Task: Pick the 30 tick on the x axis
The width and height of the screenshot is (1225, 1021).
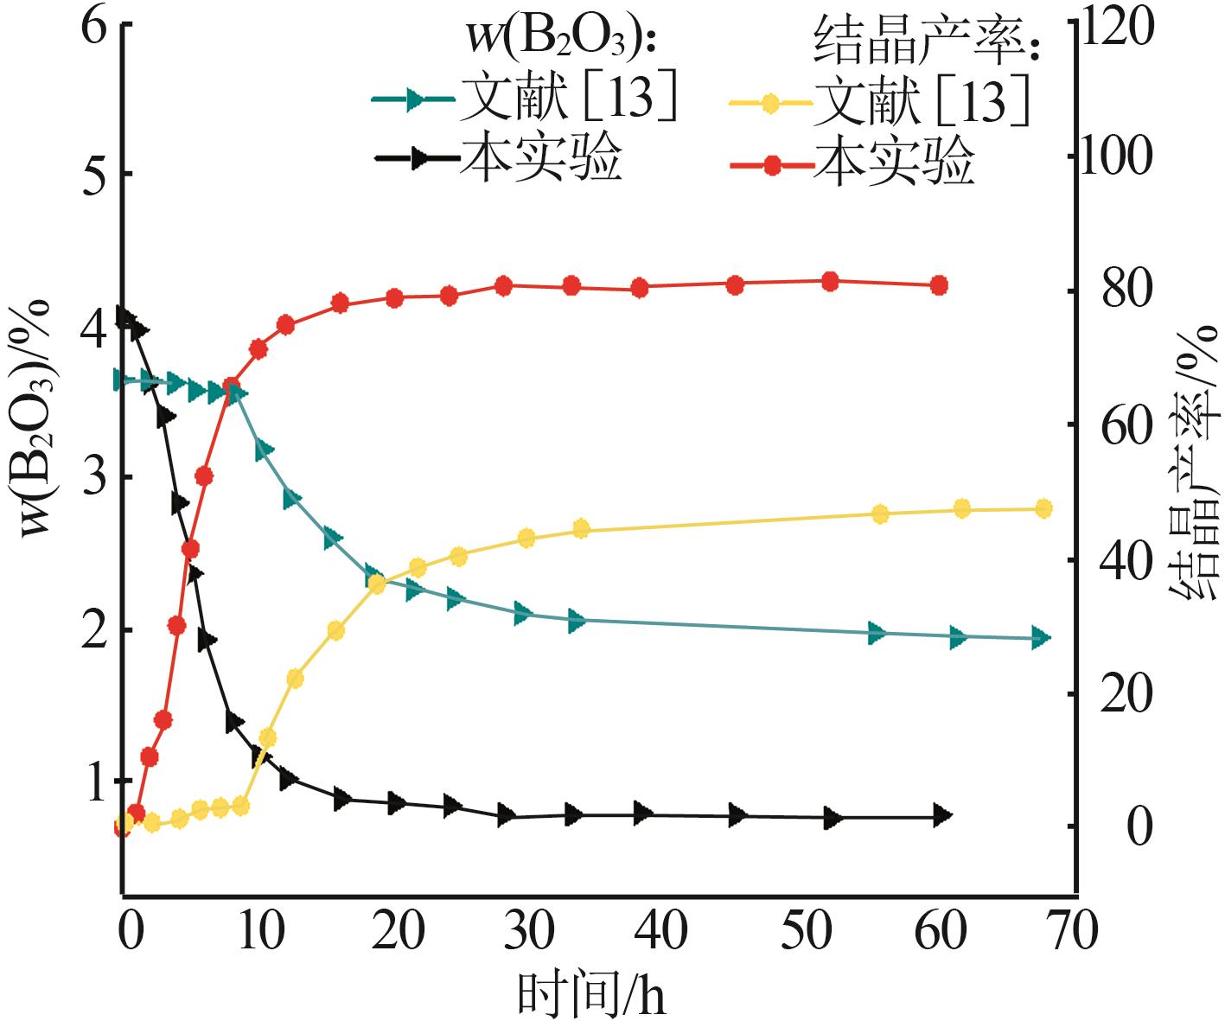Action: click(x=529, y=932)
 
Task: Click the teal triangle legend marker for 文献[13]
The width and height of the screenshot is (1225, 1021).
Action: click(x=414, y=99)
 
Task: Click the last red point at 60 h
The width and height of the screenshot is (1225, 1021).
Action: click(x=939, y=285)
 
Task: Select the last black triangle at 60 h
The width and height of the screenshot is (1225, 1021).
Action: click(x=942, y=815)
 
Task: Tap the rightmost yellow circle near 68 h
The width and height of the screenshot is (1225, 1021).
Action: click(x=1043, y=508)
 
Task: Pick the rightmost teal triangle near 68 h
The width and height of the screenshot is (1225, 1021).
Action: click(x=1040, y=639)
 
